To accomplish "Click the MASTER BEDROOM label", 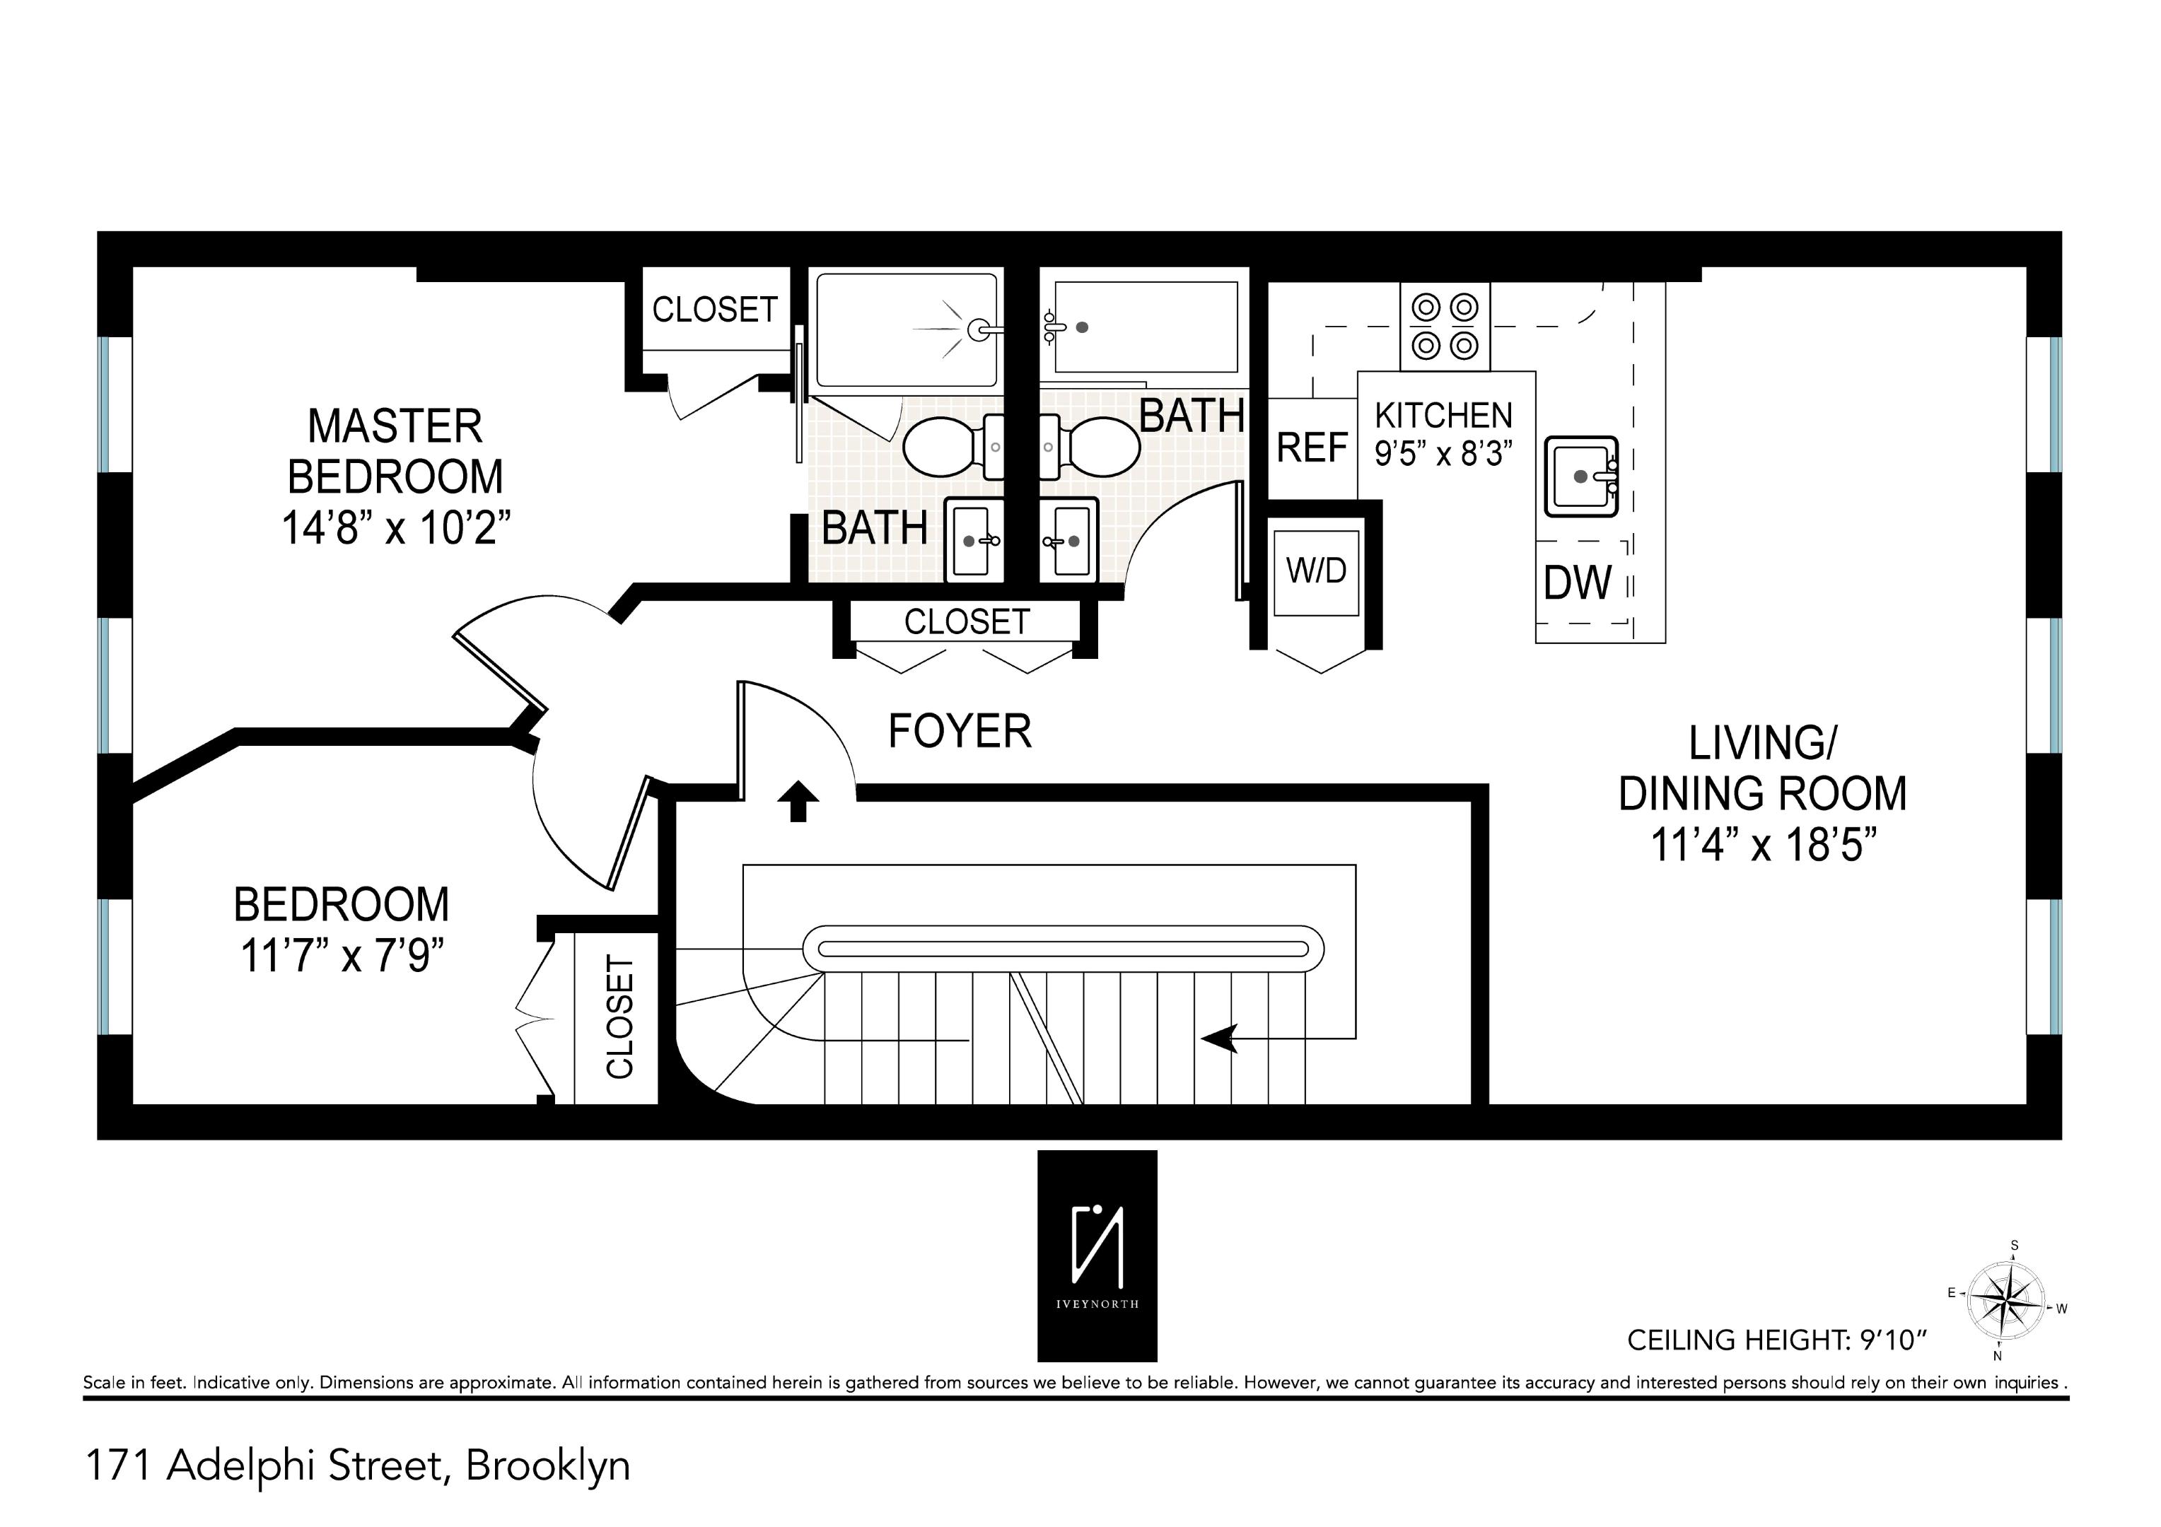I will pos(395,452).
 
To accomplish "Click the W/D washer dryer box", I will pos(1317,571).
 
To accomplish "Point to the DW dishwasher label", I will pos(1578,583).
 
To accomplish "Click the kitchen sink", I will pos(1581,476).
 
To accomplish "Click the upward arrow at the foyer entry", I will pos(798,801).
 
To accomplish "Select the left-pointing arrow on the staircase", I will pos(1220,1039).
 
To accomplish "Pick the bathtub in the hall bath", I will pos(1146,327).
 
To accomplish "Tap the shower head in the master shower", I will pos(979,329).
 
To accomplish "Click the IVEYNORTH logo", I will pos(1097,1255).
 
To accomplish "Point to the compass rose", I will pos(2007,1303).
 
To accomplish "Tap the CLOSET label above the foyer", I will pos(967,622).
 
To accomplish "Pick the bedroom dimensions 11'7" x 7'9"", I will pos(342,956).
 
